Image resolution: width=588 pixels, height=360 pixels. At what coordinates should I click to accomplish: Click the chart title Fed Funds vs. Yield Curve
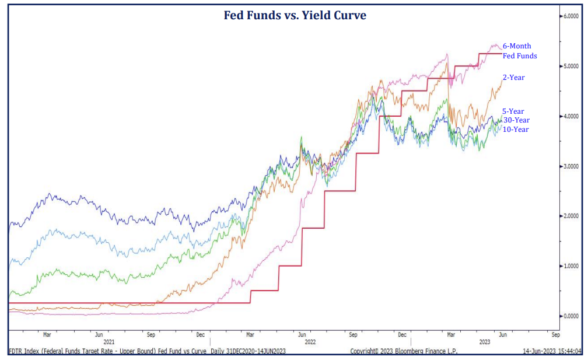295,16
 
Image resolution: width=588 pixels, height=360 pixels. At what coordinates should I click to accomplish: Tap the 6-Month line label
517,46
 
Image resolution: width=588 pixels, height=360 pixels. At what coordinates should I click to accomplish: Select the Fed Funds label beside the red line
519,56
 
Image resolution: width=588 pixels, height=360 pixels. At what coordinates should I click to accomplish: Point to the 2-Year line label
514,77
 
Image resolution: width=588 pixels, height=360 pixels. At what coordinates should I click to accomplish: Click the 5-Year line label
513,111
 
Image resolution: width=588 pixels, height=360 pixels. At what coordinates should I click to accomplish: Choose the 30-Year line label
516,120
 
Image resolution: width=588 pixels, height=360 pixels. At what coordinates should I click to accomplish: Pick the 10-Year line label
516,130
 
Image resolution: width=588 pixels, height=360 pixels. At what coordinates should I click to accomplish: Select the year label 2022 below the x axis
310,342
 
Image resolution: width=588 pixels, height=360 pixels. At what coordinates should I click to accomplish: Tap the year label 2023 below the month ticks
485,342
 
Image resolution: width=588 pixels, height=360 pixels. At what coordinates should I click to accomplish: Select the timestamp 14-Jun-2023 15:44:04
551,351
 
